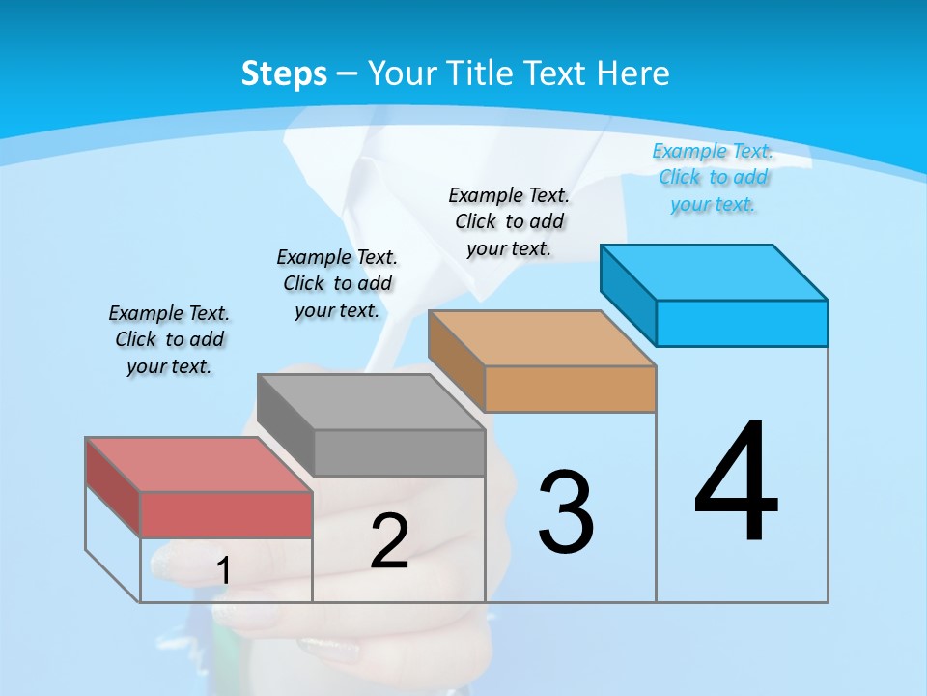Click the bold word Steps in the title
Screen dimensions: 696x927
click(284, 73)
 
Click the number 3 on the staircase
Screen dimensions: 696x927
click(566, 512)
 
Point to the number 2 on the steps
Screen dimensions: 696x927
click(389, 541)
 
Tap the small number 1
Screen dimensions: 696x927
click(223, 571)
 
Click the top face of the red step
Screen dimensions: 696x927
click(198, 465)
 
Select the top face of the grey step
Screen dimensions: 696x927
click(371, 402)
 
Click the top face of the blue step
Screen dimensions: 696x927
click(715, 273)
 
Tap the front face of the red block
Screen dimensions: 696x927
click(226, 514)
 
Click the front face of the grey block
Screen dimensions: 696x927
click(399, 452)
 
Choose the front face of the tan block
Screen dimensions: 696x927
click(570, 389)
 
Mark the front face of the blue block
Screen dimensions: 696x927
click(742, 323)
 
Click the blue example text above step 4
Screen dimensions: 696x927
click(713, 177)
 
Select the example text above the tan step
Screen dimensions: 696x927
click(509, 221)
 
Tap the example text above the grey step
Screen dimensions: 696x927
click(337, 283)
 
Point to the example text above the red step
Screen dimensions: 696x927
click(169, 339)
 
